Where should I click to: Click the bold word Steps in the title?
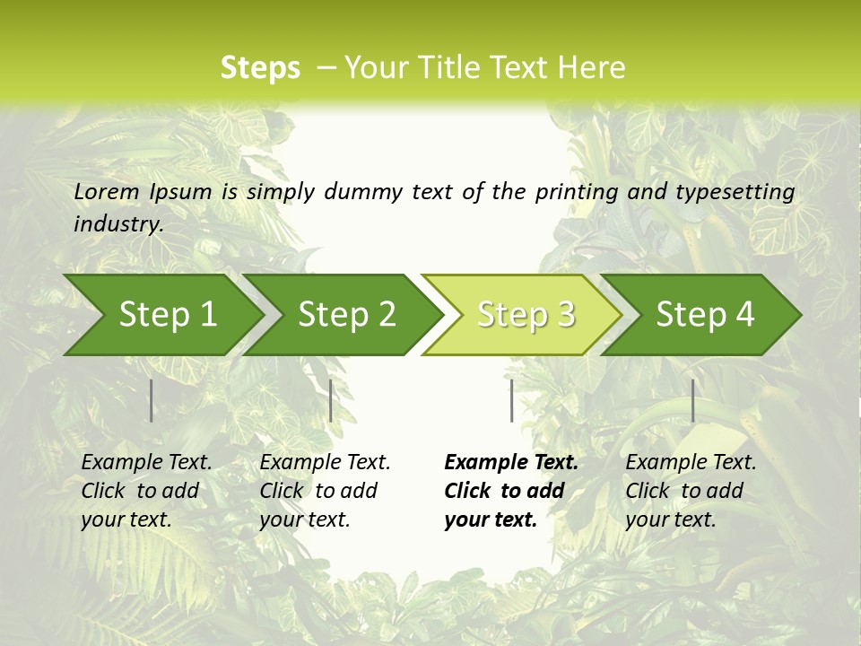coord(260,68)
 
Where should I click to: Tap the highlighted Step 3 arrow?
coord(525,315)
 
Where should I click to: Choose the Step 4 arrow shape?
coord(704,315)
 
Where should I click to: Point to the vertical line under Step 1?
coord(152,400)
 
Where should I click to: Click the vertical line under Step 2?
coord(331,400)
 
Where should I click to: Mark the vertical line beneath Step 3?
coord(511,400)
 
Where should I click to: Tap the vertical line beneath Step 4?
coord(692,400)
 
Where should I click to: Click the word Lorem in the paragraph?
coord(106,191)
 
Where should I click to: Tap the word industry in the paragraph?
coord(117,224)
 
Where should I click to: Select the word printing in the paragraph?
coord(576,192)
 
